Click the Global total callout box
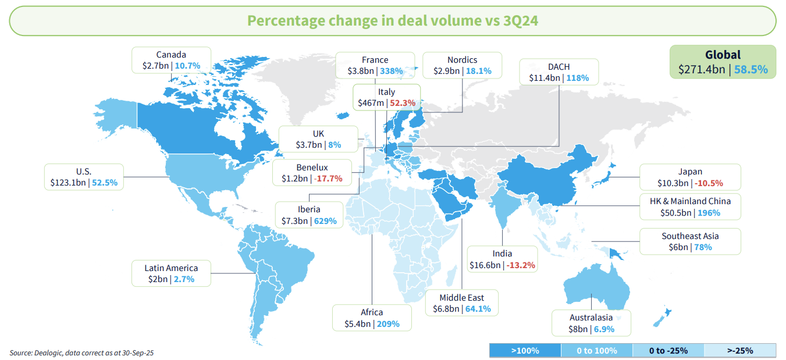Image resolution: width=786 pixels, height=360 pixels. point(723,62)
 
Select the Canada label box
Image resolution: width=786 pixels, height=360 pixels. point(171,60)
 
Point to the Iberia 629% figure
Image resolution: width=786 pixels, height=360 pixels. point(328,221)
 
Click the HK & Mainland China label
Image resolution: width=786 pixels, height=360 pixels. point(690,201)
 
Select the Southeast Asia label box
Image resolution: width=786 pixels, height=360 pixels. point(690,241)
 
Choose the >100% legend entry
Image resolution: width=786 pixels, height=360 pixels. point(525,351)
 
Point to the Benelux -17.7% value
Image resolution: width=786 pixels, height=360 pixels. point(328,179)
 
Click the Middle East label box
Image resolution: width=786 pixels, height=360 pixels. point(462,303)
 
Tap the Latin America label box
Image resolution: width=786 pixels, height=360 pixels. point(171,273)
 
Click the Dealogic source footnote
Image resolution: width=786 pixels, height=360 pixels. point(81,352)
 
